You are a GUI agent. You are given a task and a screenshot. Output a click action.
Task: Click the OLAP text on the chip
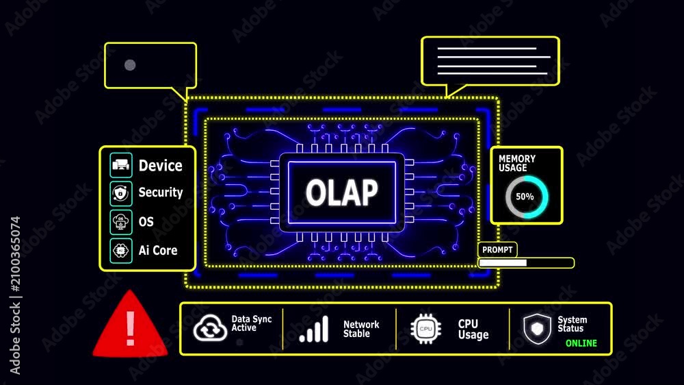341,192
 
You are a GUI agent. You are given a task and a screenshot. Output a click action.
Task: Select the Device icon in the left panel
121,165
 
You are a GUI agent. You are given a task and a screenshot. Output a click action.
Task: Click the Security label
161,192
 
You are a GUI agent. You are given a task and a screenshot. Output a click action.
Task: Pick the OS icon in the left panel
121,222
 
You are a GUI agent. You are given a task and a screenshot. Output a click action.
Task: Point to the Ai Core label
158,251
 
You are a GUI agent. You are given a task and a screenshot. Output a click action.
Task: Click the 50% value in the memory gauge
525,197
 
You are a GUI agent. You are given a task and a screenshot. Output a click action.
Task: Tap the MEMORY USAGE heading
517,163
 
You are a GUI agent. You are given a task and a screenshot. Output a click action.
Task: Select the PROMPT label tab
497,249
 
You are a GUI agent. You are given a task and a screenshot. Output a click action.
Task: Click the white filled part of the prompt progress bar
503,262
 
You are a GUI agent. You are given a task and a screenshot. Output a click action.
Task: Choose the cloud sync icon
210,327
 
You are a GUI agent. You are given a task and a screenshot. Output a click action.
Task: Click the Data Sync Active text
251,323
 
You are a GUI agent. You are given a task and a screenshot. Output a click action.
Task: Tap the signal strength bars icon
314,329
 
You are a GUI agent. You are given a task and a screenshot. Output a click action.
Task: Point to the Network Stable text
361,329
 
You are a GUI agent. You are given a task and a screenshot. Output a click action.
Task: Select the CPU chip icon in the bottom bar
425,329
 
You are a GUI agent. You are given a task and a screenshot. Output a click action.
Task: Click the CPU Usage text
473,329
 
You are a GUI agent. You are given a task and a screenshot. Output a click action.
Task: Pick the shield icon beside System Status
537,329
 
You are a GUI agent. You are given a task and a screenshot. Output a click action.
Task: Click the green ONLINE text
581,343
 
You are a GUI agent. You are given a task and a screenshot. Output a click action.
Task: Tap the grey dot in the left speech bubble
130,65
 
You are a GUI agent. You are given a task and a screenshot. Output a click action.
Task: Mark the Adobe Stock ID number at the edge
16,254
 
